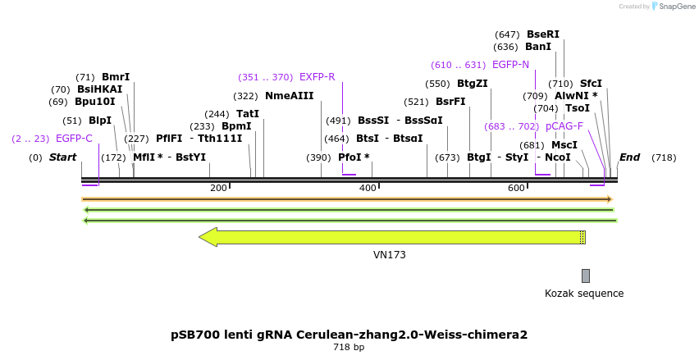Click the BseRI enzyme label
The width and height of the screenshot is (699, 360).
[x=542, y=34]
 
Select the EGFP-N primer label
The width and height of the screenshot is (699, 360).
[x=510, y=65]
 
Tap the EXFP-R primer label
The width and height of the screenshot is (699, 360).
[x=317, y=77]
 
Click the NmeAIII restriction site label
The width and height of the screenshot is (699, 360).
[x=289, y=96]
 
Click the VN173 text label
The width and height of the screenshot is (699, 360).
[x=389, y=255]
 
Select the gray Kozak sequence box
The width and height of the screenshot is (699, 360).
[x=585, y=276]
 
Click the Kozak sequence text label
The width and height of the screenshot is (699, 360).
[x=584, y=294]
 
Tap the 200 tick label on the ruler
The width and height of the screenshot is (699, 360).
[x=218, y=189]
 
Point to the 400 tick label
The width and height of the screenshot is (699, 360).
[x=368, y=189]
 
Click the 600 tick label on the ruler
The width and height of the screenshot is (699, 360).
[x=516, y=189]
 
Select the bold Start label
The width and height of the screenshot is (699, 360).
[x=62, y=157]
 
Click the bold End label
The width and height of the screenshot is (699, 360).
[x=629, y=157]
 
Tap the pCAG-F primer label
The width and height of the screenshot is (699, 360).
[x=564, y=126]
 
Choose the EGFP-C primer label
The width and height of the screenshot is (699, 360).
[x=74, y=139]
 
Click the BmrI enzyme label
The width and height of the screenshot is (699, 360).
[x=116, y=77]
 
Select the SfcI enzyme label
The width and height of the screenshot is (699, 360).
[x=591, y=84]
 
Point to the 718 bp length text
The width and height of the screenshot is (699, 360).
[x=349, y=348]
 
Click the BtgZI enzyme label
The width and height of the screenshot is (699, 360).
[x=472, y=84]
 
